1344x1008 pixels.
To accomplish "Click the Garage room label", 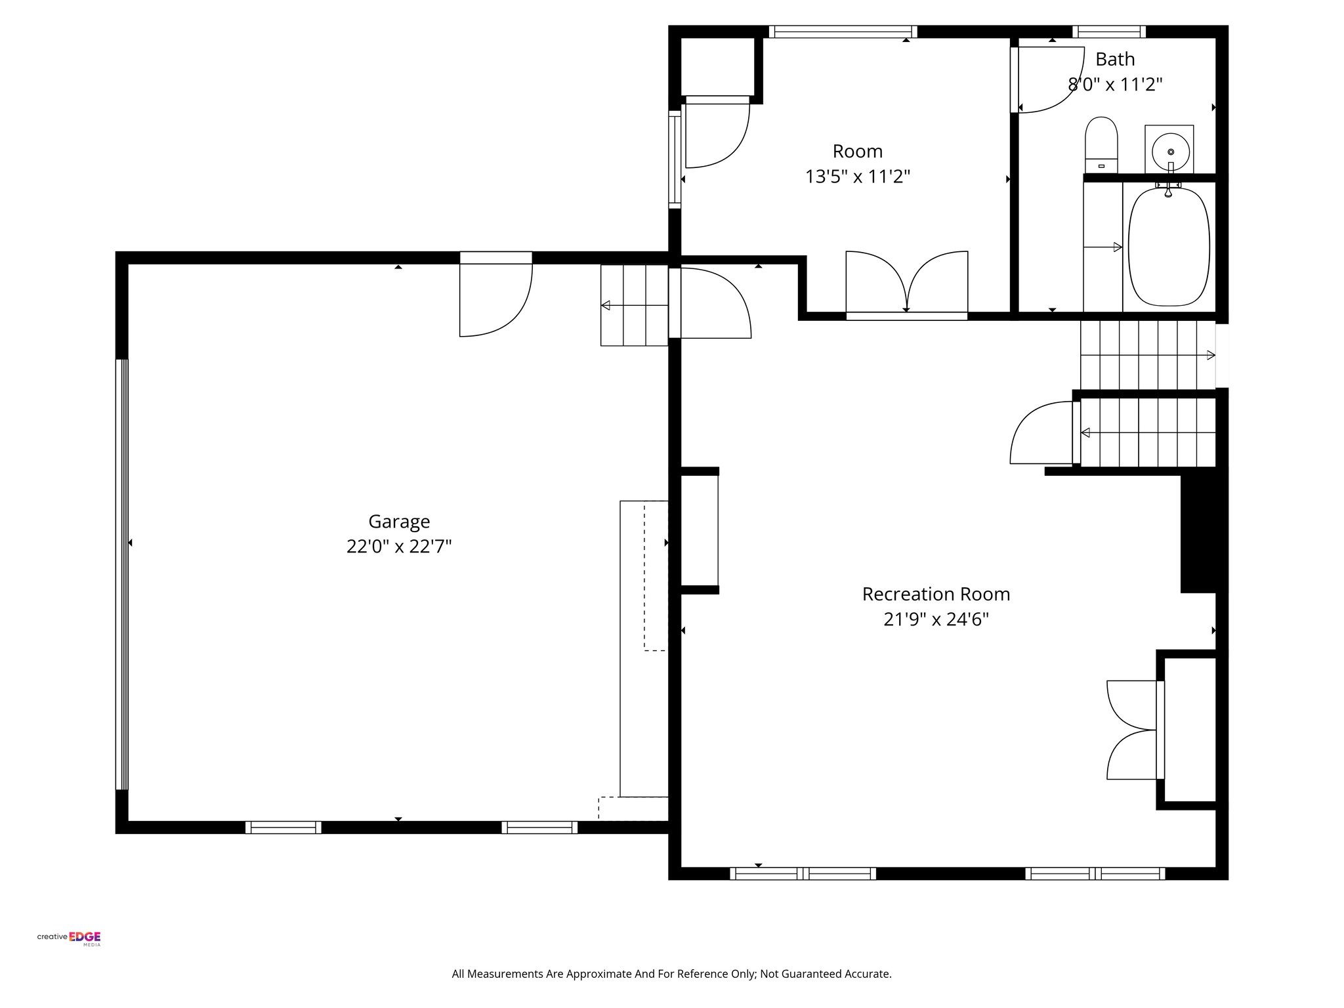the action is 399,521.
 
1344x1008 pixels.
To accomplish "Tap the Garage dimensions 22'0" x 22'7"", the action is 399,547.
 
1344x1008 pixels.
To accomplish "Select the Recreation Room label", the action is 936,594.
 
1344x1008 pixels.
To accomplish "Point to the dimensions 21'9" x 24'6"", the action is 936,619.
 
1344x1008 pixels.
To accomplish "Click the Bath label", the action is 1115,59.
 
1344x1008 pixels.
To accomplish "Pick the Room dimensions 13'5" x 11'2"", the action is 857,177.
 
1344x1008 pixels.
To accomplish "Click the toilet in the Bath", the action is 1101,144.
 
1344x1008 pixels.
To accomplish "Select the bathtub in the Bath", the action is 1169,247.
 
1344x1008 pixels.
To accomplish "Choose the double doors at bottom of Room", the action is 906,283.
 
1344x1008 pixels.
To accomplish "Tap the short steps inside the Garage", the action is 634,305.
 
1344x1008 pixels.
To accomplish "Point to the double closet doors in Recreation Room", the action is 1133,730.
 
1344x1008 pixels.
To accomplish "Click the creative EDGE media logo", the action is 69,938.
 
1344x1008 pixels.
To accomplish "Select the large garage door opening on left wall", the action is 122,574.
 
